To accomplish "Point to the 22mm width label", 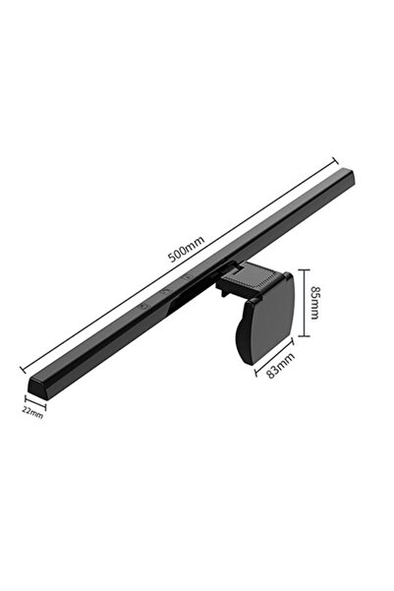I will point(32,413).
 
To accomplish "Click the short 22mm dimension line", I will point(34,401).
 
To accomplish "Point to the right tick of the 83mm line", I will point(292,343).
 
